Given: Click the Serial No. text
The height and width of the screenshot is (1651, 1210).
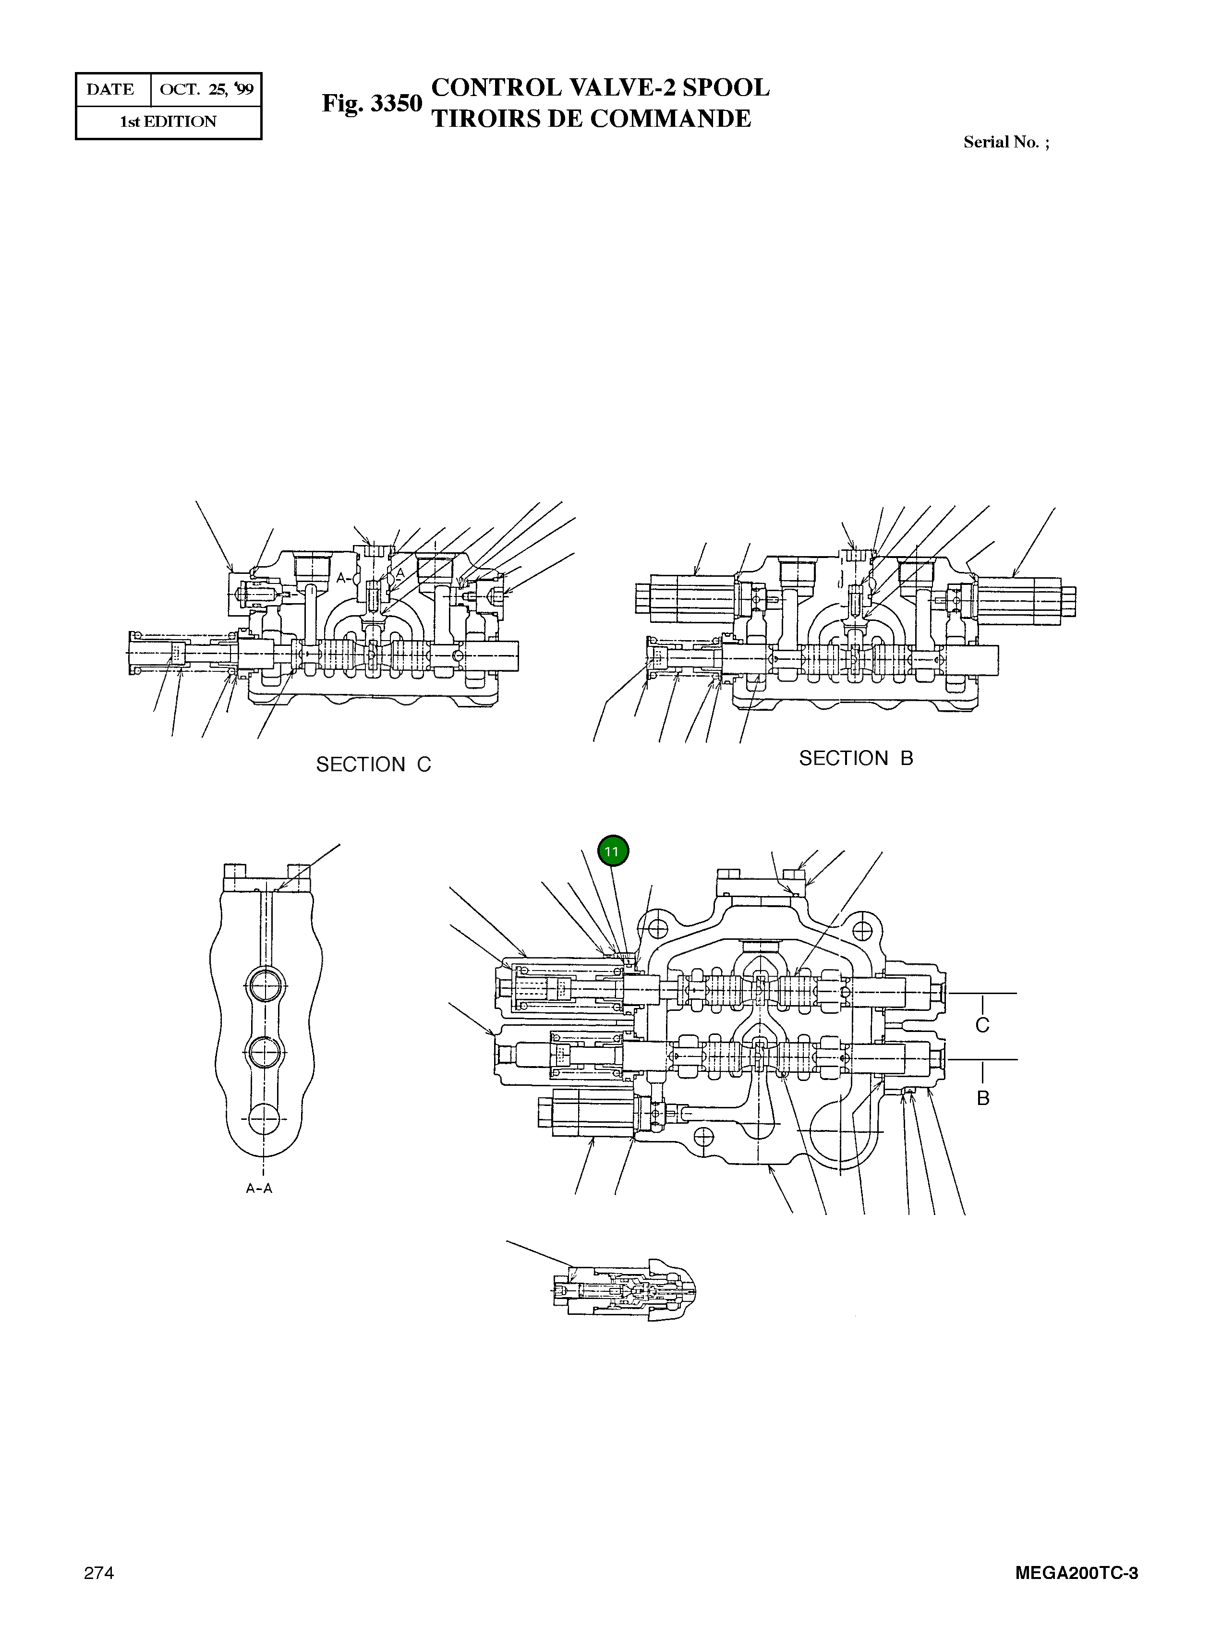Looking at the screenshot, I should (x=1005, y=142).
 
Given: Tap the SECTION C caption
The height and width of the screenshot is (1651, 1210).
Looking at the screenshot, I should (x=374, y=765).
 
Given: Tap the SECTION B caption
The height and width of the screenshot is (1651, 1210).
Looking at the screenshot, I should (x=856, y=759).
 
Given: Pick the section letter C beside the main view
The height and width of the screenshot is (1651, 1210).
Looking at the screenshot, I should (x=982, y=1025).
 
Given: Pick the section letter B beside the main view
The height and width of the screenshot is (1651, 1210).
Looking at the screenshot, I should (x=983, y=1099).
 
